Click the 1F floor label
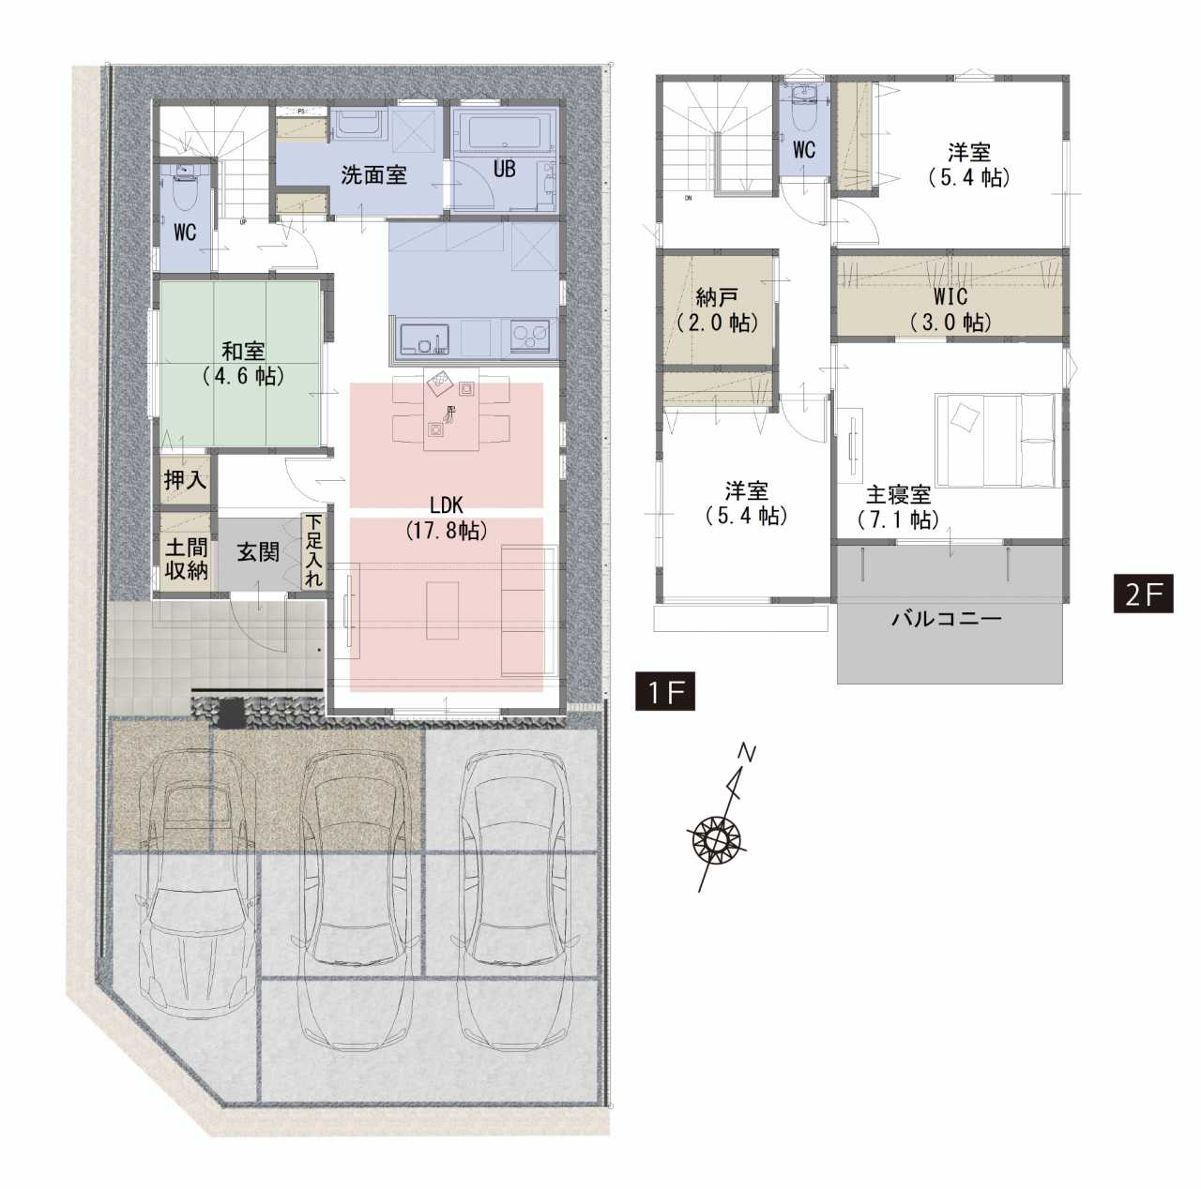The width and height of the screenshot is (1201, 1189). coord(664,692)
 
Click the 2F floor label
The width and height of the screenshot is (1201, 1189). coord(1143,594)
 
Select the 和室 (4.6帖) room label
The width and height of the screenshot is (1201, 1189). coord(243,363)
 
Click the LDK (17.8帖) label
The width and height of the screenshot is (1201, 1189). coord(447,518)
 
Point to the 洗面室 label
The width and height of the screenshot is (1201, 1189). coord(373,175)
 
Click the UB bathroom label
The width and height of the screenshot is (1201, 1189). coord(504,168)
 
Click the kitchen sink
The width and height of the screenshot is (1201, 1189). coord(424,339)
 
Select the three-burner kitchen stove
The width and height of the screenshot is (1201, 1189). coord(530,338)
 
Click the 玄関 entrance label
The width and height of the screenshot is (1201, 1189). coord(257,552)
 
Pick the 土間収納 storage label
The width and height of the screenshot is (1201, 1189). coord(186,559)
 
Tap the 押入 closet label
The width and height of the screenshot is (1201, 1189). coord(185,480)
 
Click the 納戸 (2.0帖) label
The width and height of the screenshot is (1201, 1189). coord(717,310)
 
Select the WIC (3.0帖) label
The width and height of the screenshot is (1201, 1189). coord(950,309)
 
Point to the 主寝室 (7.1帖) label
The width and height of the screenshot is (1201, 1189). coord(898,507)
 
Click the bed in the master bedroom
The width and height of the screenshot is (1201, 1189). coord(996,440)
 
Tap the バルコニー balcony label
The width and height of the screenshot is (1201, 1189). coord(947,618)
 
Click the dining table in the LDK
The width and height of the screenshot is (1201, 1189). coord(451,408)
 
